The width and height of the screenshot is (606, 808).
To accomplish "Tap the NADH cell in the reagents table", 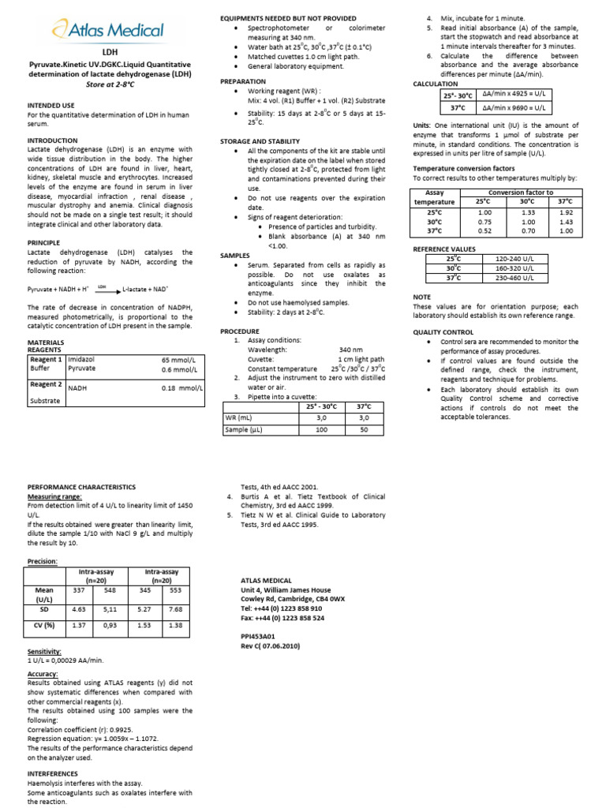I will click(78, 388).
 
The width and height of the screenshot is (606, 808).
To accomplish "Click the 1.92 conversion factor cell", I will click(565, 212).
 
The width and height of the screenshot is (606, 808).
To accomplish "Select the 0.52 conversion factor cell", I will click(484, 230).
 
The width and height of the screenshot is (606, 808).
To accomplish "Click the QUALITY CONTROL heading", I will click(443, 332).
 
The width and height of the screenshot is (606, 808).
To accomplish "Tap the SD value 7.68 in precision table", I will click(175, 609).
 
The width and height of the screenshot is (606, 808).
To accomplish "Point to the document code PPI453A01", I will click(257, 634).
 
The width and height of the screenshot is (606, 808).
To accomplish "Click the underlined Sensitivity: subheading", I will click(44, 652).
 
